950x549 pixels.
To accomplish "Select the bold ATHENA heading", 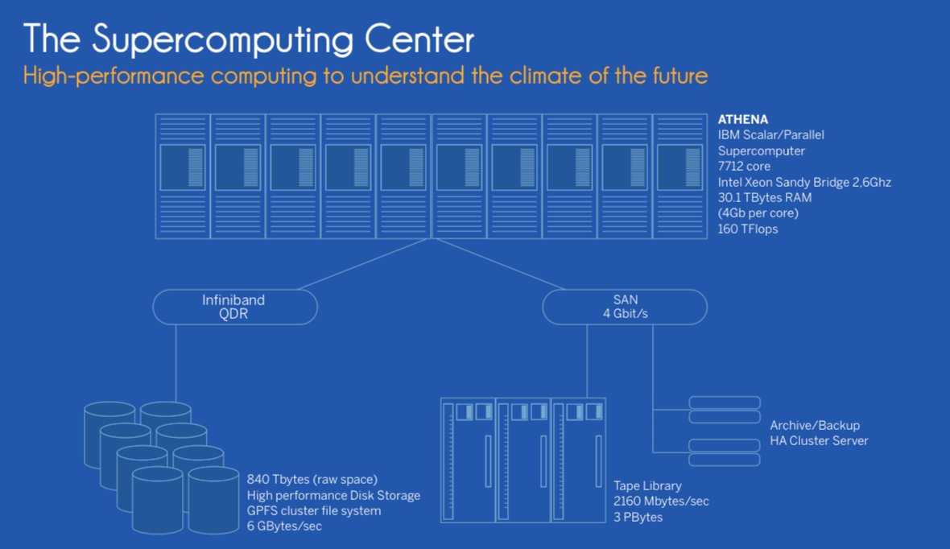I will click(x=743, y=120).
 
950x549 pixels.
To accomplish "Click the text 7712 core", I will click(x=744, y=167).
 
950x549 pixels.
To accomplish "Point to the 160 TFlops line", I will click(x=748, y=229).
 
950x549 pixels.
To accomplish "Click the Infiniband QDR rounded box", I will click(x=234, y=307).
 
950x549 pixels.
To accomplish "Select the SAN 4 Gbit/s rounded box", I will click(x=625, y=307).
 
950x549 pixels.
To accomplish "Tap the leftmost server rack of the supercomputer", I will click(x=183, y=176).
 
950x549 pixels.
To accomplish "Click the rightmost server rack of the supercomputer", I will click(x=679, y=176).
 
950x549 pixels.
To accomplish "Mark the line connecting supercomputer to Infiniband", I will click(x=362, y=265).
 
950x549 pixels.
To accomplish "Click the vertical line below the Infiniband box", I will click(x=176, y=362).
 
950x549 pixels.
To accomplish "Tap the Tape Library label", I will click(x=647, y=485).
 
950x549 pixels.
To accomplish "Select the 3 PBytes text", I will click(x=638, y=517).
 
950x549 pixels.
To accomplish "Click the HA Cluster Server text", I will click(x=819, y=440).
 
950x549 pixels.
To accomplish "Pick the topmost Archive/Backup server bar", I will click(x=725, y=402).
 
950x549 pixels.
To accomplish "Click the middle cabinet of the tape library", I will click(x=523, y=460).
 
